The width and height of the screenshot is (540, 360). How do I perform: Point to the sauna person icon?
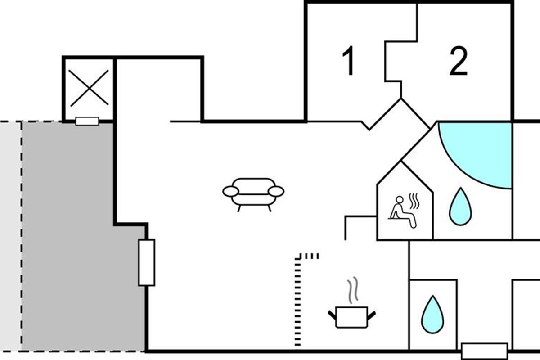coord(401,211)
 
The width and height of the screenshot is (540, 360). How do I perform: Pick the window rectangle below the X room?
coord(87,121)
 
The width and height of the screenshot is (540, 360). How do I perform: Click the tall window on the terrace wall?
coord(147,262)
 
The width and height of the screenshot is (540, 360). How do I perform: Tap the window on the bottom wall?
coord(485,351)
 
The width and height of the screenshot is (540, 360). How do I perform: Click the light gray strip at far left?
coord(10,234)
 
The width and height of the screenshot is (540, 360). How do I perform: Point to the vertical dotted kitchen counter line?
coord(297,301)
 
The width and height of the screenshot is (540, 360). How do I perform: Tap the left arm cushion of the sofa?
coord(230,191)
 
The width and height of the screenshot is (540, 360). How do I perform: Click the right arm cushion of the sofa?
coord(276,191)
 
